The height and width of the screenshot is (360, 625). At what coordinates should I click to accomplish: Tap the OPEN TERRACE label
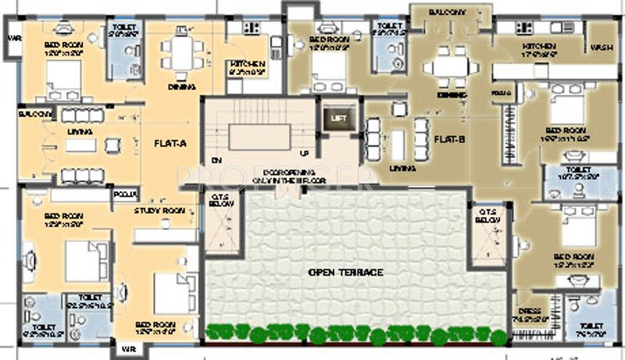[344, 272]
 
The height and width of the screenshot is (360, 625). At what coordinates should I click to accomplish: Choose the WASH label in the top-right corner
[602, 48]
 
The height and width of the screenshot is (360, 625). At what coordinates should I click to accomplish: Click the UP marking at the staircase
[304, 152]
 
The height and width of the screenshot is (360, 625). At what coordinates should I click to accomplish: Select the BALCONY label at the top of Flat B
[448, 12]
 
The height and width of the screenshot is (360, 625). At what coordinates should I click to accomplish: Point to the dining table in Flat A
[181, 53]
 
